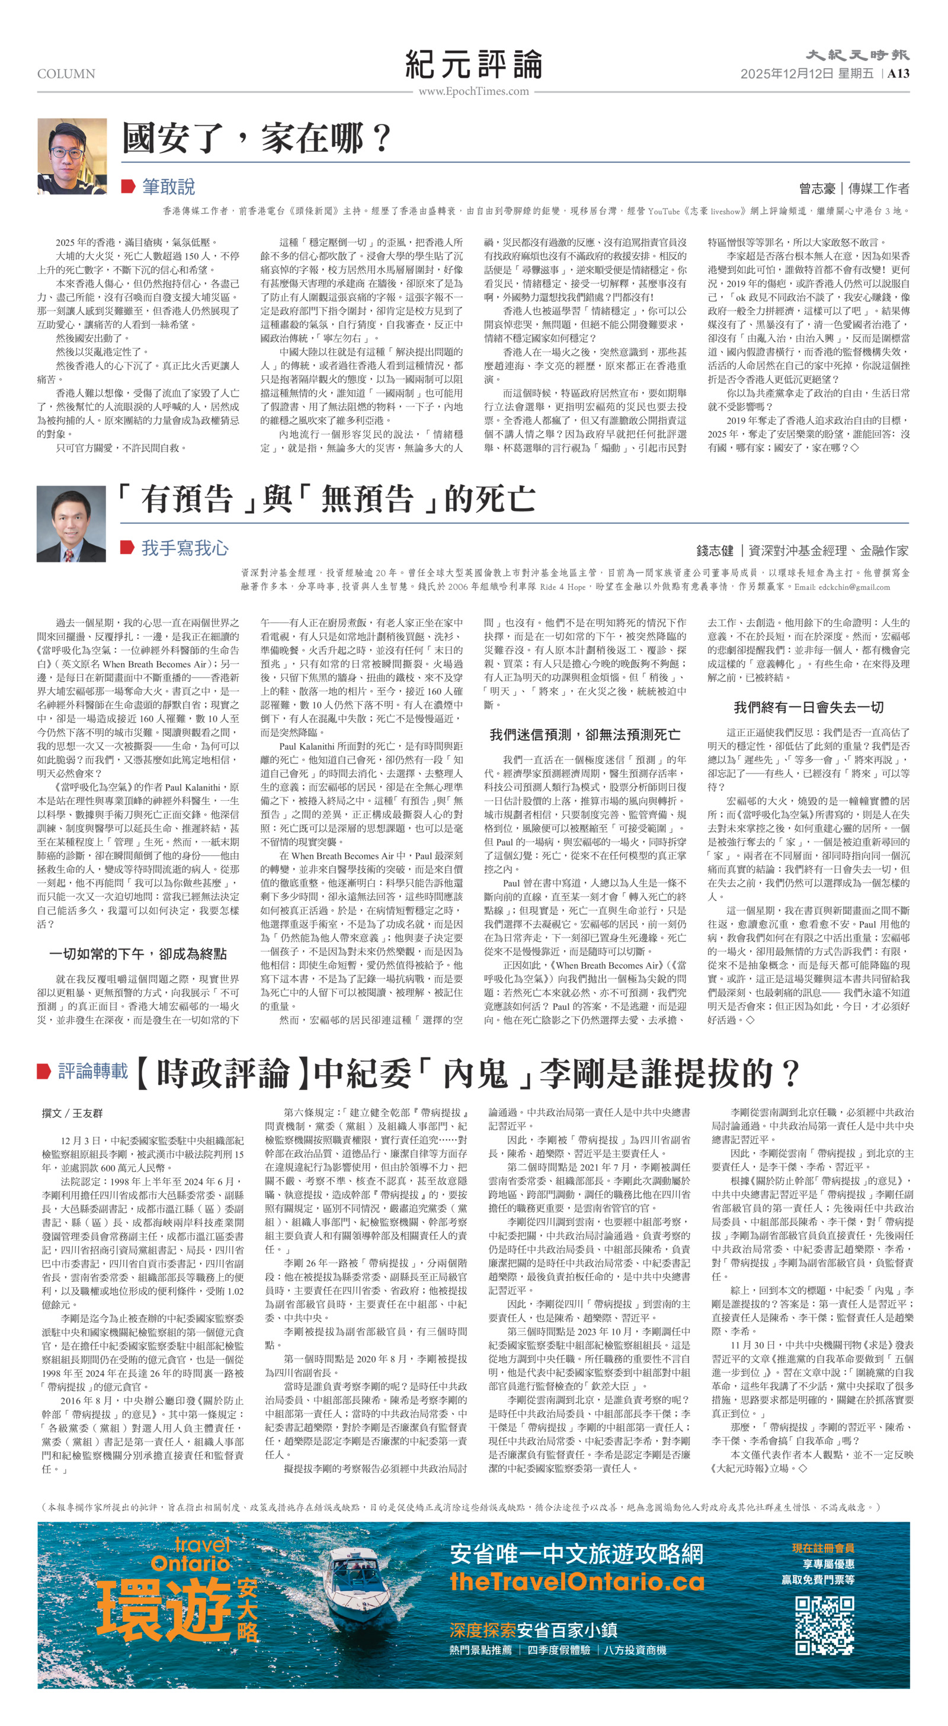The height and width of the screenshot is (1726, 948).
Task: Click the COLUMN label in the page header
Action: (66, 73)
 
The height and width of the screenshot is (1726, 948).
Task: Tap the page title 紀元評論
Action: (473, 65)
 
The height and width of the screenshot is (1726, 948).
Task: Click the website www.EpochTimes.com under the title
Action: (473, 91)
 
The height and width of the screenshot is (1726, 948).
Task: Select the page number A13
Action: (898, 73)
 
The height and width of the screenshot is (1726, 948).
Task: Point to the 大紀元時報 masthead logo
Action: (857, 55)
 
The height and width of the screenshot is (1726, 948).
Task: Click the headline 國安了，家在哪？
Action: (257, 139)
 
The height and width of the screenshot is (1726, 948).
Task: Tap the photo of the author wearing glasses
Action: (72, 156)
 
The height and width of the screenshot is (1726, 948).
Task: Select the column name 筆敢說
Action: (168, 186)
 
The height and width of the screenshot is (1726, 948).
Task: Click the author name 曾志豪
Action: (816, 188)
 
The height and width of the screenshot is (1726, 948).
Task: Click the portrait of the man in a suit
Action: (71, 523)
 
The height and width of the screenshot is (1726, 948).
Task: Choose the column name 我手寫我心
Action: (184, 548)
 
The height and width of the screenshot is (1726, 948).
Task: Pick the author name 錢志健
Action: (714, 551)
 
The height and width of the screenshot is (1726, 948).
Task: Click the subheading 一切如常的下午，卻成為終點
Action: (138, 954)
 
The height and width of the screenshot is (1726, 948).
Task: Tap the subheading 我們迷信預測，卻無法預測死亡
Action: (585, 734)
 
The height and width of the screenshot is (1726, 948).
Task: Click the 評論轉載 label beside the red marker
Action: (92, 1070)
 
